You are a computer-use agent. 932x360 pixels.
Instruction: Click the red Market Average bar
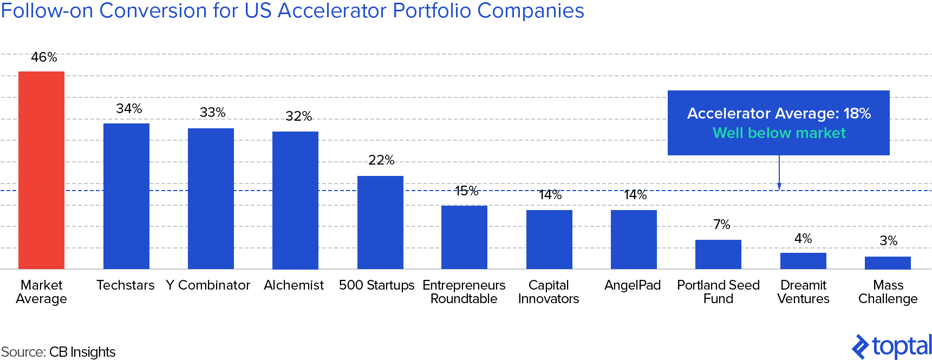tap(41, 170)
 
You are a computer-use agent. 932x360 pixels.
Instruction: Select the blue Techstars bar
tap(126, 196)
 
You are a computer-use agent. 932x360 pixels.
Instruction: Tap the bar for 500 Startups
tap(380, 222)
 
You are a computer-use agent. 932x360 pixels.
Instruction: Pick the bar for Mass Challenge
tap(888, 263)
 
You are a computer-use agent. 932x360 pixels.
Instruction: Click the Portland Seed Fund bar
tap(718, 254)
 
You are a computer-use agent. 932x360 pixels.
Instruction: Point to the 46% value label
tap(44, 57)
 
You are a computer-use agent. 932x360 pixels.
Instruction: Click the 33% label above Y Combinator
tap(212, 112)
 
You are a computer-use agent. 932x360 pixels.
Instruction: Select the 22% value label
tap(381, 160)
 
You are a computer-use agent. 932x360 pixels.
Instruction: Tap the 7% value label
tap(721, 224)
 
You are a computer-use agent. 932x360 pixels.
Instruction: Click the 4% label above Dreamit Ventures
tap(803, 238)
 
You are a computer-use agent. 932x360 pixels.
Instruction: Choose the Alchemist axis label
tap(294, 285)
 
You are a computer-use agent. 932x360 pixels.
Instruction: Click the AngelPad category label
tap(633, 285)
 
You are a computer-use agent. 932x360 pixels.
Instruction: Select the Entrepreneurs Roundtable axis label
tap(464, 292)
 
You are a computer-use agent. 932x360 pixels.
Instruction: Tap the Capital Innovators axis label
tap(549, 292)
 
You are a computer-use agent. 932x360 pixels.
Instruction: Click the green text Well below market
tap(779, 133)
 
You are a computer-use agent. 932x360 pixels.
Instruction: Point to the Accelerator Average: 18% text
tap(779, 113)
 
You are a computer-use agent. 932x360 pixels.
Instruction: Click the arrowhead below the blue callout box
tap(779, 186)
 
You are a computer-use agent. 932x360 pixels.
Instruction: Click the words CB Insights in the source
tap(82, 352)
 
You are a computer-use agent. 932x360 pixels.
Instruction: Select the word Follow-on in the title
tap(47, 11)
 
